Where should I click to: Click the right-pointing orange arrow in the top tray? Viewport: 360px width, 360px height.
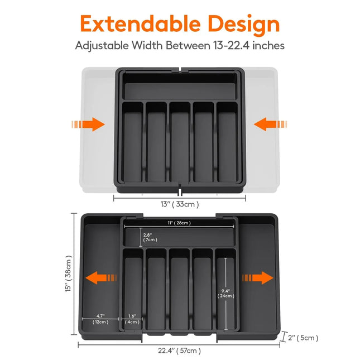pos(89,124)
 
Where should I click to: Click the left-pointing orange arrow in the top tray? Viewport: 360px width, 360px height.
pos(269,124)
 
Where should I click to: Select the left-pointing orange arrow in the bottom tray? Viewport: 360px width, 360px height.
pos(101,277)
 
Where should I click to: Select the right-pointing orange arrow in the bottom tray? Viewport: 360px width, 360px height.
pos(257,277)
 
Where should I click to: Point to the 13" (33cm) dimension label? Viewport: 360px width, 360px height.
pos(180,204)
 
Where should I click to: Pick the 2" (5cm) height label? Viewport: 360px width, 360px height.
pos(303,337)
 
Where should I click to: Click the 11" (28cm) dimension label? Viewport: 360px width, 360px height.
pos(179,223)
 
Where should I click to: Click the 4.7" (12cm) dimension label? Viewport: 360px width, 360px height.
pos(101,319)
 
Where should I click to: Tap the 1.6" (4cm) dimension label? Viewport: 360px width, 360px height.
pos(132,319)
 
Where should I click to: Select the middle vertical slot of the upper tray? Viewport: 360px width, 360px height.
pos(180,142)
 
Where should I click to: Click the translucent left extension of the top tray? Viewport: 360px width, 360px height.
pos(98,151)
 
